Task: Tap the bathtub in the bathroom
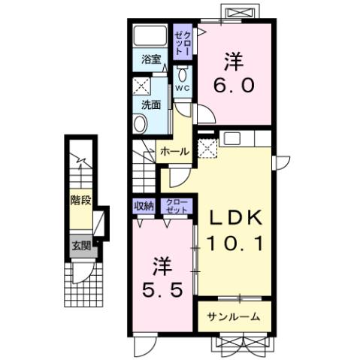tap(150, 36)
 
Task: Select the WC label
tap(183, 87)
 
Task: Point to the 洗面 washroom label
tap(151, 104)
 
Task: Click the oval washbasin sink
tap(141, 123)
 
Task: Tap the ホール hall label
tap(174, 152)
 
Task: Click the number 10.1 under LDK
tap(234, 243)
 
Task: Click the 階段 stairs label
tap(80, 200)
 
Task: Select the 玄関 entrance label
tap(80, 244)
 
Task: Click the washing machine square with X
tap(141, 85)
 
